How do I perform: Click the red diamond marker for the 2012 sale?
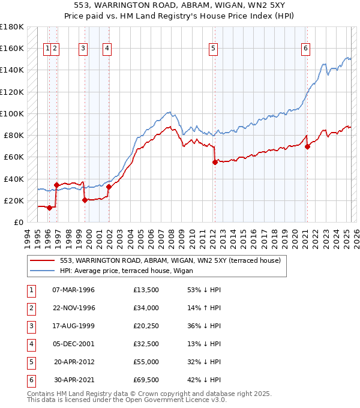[x=214, y=162]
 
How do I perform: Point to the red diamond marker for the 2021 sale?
[x=307, y=146]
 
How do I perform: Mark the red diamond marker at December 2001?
[x=109, y=187]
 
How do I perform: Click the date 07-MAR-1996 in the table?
[x=73, y=290]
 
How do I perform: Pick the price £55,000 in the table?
[x=146, y=362]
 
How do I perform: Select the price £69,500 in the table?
[x=146, y=380]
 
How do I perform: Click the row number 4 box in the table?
[x=30, y=344]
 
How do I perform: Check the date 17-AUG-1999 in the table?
[x=73, y=326]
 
